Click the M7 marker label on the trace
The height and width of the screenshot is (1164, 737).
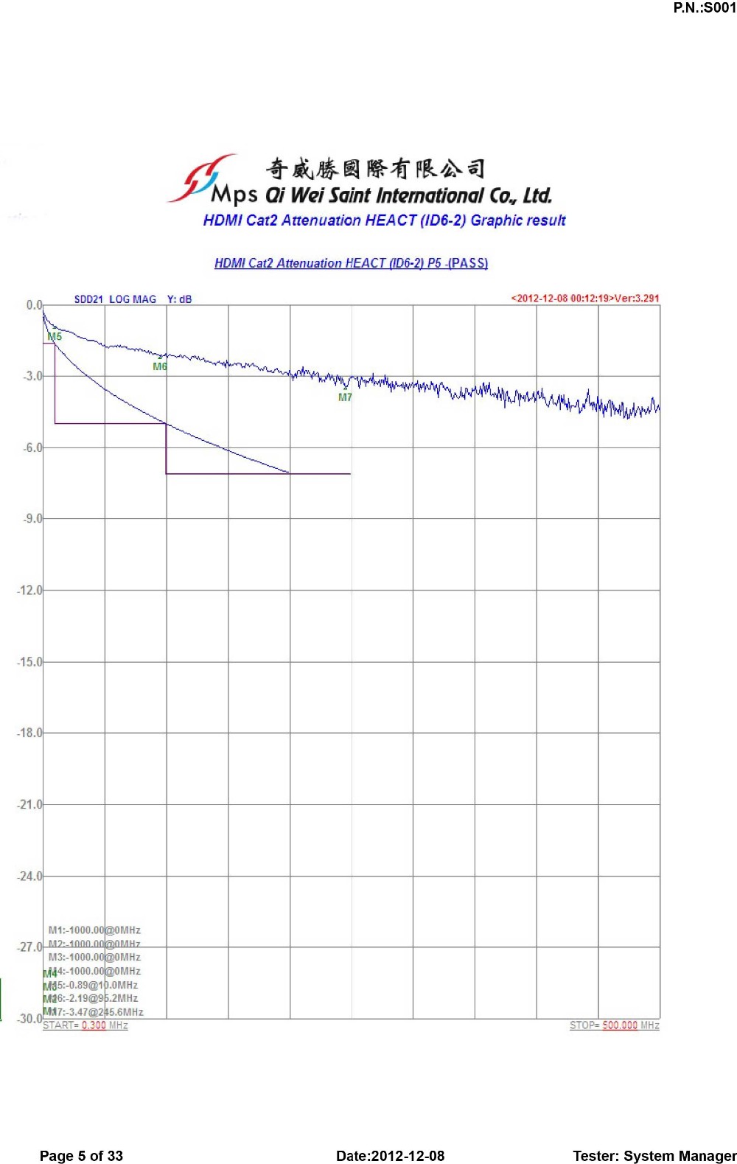(x=345, y=397)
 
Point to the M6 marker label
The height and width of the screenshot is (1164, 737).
(x=160, y=366)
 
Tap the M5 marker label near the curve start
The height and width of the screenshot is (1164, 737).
(x=55, y=337)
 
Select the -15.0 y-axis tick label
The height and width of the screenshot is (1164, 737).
(x=29, y=662)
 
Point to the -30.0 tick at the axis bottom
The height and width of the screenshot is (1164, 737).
(x=29, y=1019)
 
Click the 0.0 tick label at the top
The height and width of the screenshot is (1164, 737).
(x=34, y=305)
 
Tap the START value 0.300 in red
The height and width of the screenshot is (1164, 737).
(x=94, y=1025)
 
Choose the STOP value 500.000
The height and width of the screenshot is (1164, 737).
(x=620, y=1025)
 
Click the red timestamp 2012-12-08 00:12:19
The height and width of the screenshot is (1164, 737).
(x=564, y=299)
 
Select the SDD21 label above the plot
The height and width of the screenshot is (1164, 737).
(x=88, y=299)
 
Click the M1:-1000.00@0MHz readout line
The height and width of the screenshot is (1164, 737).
(x=94, y=930)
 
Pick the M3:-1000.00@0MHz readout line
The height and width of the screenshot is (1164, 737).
(x=94, y=957)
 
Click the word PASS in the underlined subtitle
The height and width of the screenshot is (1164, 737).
(x=468, y=263)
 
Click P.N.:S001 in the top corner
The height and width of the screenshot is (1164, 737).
(x=704, y=8)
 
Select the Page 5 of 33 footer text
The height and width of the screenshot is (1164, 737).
(x=81, y=1156)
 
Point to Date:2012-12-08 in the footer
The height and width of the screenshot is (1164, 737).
(x=390, y=1156)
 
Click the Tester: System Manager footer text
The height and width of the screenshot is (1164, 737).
(x=654, y=1156)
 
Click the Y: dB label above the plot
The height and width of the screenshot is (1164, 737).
(x=179, y=299)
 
